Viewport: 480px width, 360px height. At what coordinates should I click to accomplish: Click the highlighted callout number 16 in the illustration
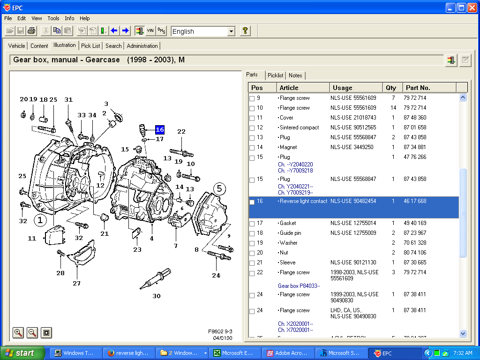(160, 130)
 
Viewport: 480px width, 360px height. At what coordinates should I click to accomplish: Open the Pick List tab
(90, 46)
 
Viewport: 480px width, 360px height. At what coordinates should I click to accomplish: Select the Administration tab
(142, 46)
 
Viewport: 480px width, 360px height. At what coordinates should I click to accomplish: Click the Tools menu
(53, 18)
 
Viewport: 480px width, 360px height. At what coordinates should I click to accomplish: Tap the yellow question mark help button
(245, 31)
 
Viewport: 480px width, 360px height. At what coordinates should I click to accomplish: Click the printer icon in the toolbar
(31, 31)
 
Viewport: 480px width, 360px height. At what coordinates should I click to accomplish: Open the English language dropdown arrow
(231, 31)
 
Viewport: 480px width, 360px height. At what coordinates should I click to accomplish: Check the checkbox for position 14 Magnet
(252, 148)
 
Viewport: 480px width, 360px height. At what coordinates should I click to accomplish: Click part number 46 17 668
(415, 201)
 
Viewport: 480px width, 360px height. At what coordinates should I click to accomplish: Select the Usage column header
(356, 88)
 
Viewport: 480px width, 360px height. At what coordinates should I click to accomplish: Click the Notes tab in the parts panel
(295, 75)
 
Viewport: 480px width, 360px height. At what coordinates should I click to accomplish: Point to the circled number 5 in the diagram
(219, 189)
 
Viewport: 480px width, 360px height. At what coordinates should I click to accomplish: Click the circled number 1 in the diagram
(40, 219)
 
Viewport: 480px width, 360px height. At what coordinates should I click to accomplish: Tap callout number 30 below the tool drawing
(157, 296)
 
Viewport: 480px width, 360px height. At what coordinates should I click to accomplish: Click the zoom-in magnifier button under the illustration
(18, 333)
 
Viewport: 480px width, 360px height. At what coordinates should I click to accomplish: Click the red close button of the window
(472, 7)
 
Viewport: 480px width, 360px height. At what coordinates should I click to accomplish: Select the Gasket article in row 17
(288, 223)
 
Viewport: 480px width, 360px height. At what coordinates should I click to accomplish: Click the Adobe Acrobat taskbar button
(288, 353)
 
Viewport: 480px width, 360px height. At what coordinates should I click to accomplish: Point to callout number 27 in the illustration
(76, 283)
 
